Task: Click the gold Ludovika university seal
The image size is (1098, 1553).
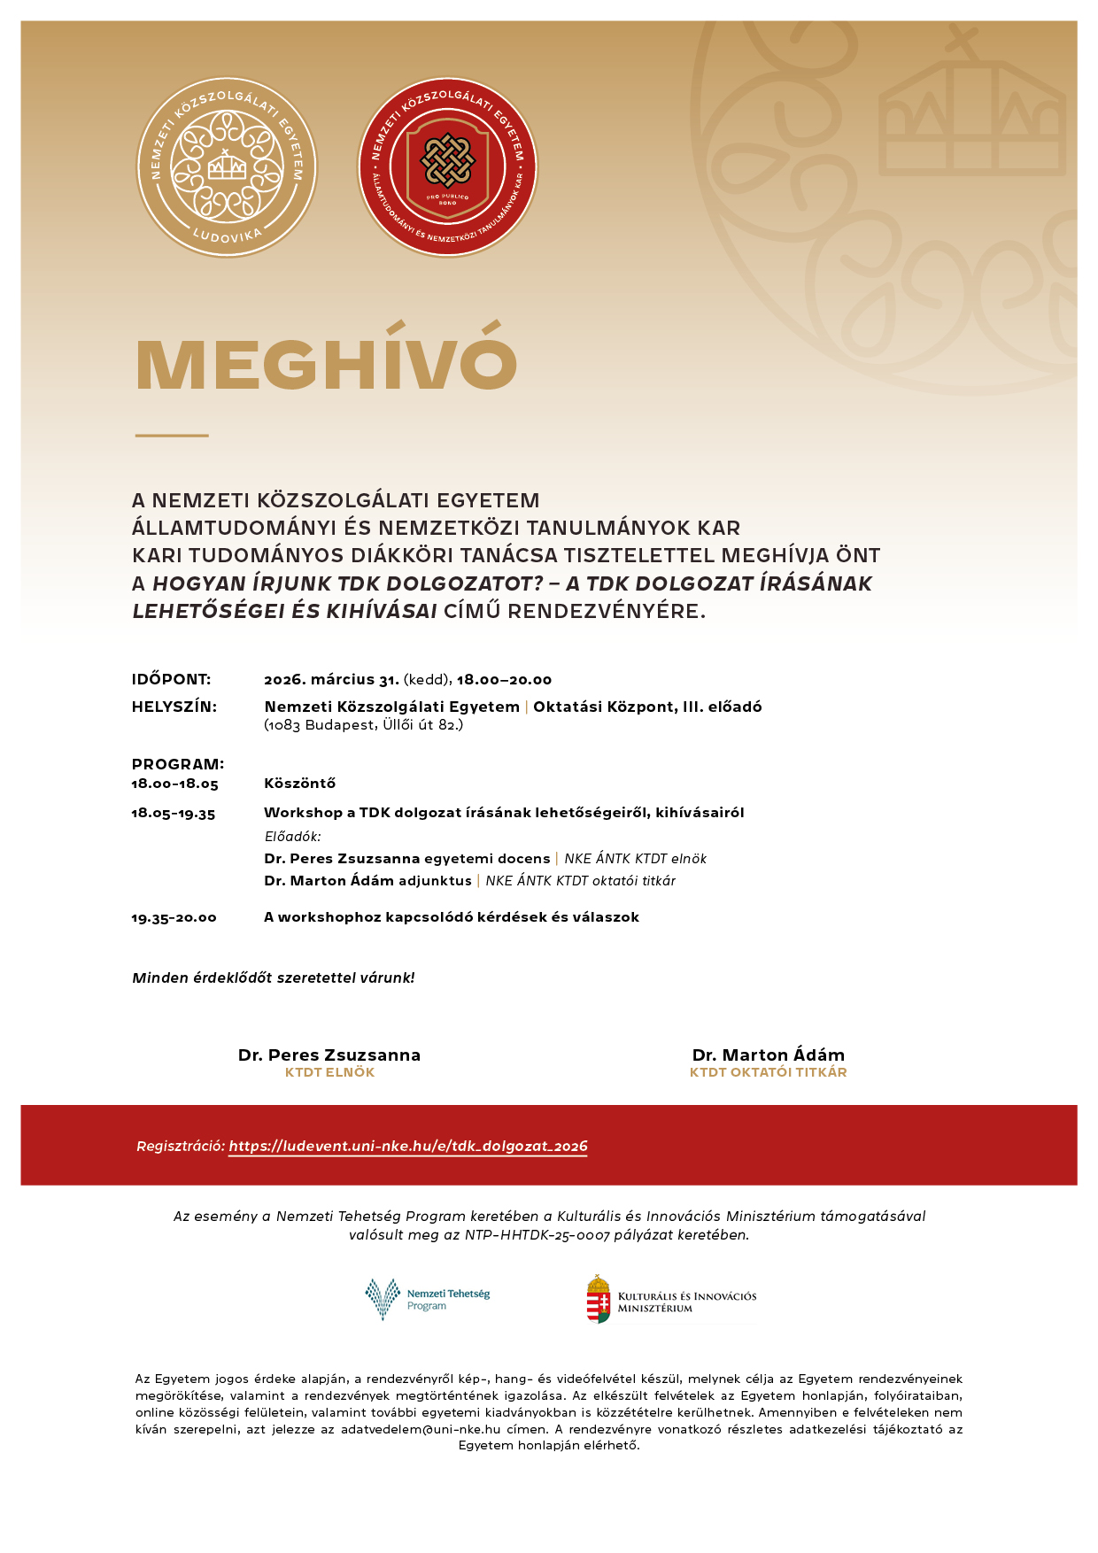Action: (x=227, y=167)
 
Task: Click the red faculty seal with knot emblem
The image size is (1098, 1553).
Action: (x=447, y=167)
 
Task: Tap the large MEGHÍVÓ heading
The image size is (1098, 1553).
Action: (x=326, y=363)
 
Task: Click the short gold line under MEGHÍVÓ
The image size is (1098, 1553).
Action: (x=172, y=436)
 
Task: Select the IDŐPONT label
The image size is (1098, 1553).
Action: (x=171, y=680)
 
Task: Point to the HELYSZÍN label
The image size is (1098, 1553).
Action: (x=174, y=707)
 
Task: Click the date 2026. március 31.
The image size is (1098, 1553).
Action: (x=331, y=680)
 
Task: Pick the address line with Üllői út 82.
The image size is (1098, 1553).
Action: (x=363, y=725)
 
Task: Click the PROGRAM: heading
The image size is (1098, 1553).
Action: (x=177, y=764)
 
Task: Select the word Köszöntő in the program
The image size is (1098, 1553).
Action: (x=299, y=784)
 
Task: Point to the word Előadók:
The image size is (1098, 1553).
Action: (x=292, y=837)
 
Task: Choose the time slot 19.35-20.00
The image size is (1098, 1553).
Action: (x=174, y=918)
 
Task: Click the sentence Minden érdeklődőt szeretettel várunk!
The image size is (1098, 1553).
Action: (x=273, y=978)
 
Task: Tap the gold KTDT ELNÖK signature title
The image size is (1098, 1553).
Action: (x=329, y=1072)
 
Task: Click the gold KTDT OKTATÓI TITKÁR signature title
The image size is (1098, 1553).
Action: (x=768, y=1072)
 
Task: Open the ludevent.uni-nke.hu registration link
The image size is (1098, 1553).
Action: (x=407, y=1147)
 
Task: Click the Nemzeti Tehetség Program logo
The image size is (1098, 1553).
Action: (x=427, y=1299)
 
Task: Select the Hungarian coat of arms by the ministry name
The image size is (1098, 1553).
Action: (x=599, y=1299)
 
